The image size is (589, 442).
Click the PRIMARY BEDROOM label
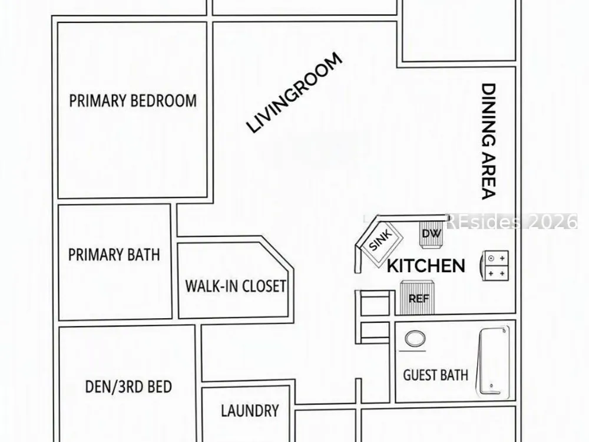133,101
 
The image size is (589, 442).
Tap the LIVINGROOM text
294,93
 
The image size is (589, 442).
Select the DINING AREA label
489,141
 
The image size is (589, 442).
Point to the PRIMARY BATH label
114,255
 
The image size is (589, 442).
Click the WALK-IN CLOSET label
236,286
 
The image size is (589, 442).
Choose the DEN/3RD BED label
128,387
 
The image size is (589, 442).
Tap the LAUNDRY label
250,410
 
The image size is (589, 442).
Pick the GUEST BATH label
436,375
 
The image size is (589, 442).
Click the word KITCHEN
426,266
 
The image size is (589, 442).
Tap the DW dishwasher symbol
431,234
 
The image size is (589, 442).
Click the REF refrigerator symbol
418,297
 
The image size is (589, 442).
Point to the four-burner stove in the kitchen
495,266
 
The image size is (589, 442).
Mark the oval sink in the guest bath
415,339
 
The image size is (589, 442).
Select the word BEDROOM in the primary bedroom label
164,101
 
